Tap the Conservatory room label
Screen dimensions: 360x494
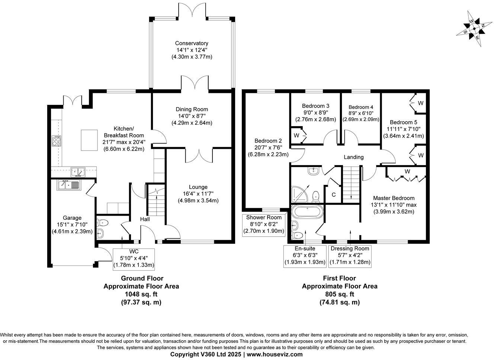pyautogui.click(x=192, y=43)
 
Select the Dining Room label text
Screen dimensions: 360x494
pyautogui.click(x=192, y=109)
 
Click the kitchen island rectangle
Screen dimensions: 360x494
pyautogui.click(x=89, y=140)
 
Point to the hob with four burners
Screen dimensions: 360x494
pyautogui.click(x=56, y=141)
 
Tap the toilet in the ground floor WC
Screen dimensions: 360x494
pyautogui.click(x=103, y=223)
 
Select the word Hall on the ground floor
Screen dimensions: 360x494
pyautogui.click(x=145, y=220)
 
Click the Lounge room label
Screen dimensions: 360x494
pyautogui.click(x=198, y=187)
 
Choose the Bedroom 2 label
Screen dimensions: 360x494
pyautogui.click(x=268, y=141)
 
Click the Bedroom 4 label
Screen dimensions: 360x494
pyautogui.click(x=361, y=107)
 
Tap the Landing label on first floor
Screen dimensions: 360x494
pyautogui.click(x=353, y=157)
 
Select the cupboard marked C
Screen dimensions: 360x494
pyautogui.click(x=334, y=195)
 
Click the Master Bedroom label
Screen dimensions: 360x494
pyautogui.click(x=394, y=198)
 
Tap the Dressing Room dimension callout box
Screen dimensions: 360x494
pyautogui.click(x=350, y=255)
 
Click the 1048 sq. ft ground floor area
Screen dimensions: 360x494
pyautogui.click(x=141, y=294)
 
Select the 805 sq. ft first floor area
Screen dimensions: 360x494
pyautogui.click(x=339, y=294)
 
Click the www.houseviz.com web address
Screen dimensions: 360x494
pyautogui.click(x=275, y=354)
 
